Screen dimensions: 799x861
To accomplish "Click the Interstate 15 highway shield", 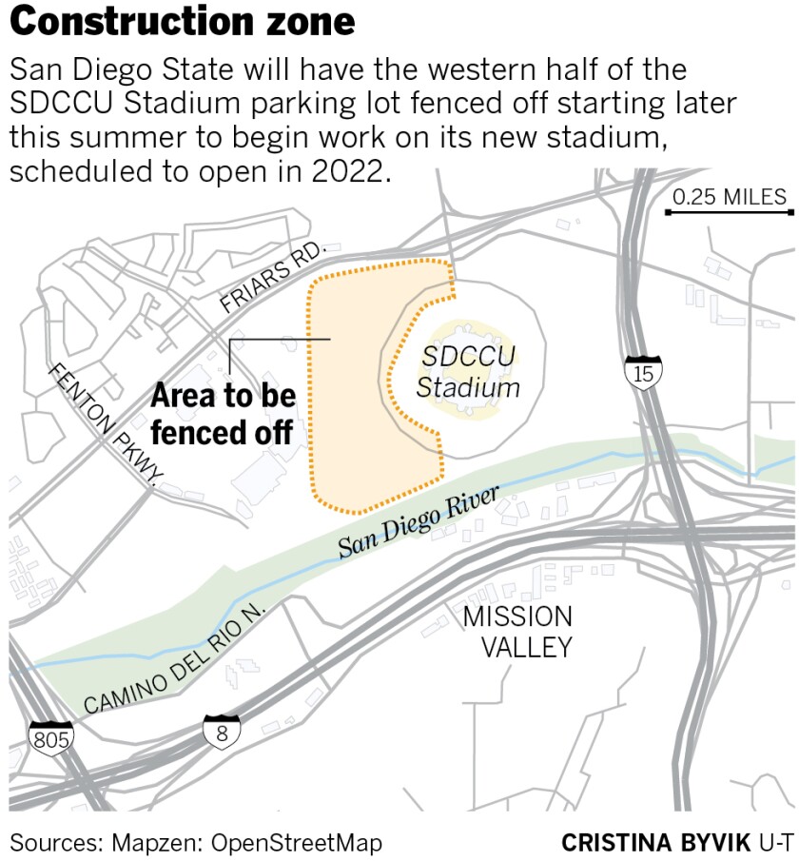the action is [x=644, y=372].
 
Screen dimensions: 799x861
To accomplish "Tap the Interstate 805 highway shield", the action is [x=50, y=737].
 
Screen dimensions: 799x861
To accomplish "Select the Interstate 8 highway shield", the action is [x=221, y=732].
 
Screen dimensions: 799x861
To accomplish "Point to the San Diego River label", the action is [x=419, y=522].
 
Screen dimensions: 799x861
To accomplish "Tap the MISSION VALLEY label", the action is [x=517, y=632].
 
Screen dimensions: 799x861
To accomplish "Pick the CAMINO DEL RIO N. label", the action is [x=177, y=658].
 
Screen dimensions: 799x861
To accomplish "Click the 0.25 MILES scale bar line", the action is [x=728, y=212].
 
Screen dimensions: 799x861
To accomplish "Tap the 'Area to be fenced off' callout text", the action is [x=223, y=414].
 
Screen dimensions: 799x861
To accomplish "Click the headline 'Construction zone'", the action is [x=183, y=22].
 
